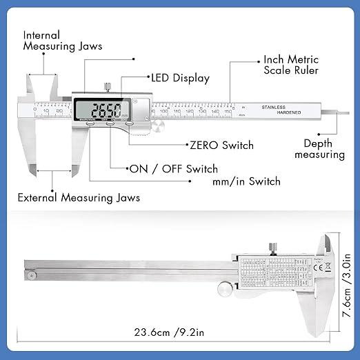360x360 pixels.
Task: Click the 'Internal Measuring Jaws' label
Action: click(62, 40)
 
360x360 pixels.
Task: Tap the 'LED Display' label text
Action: click(179, 79)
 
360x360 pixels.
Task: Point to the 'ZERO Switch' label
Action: click(221, 146)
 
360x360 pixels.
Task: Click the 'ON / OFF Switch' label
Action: click(173, 169)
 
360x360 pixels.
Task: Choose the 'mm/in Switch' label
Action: click(246, 181)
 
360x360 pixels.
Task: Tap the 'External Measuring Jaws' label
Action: click(79, 198)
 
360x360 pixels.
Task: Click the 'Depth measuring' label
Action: click(319, 149)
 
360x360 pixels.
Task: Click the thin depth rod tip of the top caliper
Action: click(337, 110)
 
